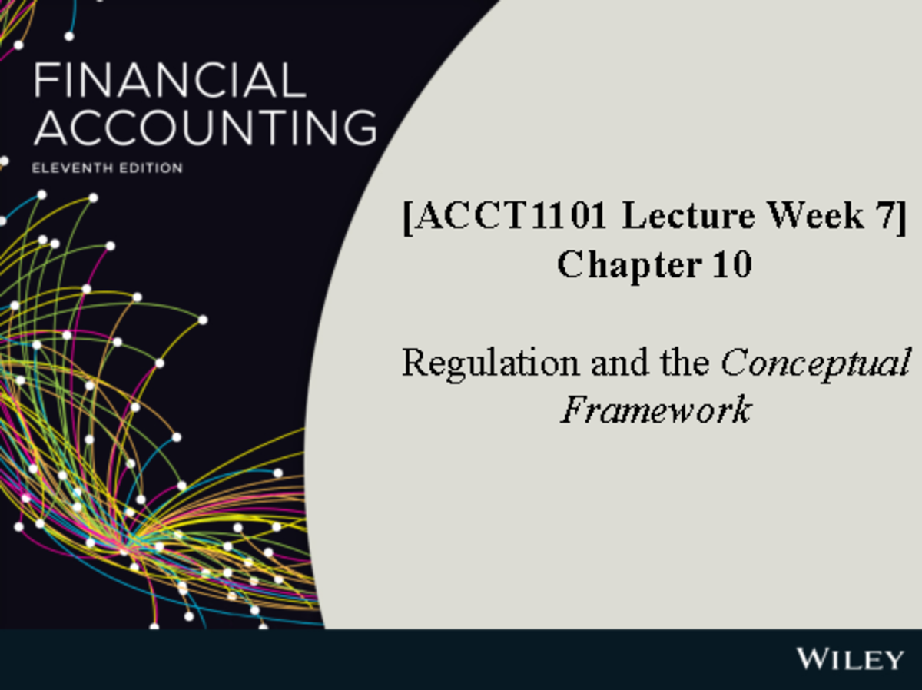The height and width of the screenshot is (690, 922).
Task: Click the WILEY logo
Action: point(850,658)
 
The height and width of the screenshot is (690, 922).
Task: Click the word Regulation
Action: point(491,363)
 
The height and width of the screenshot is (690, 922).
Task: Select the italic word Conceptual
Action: point(814,363)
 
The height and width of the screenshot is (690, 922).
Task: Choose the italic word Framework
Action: point(655,410)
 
